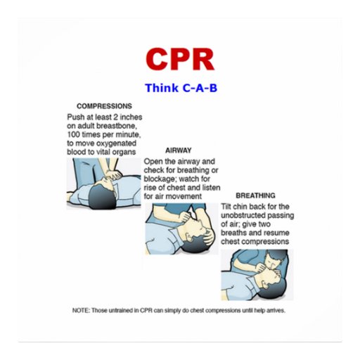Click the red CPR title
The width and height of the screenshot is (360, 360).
(180, 59)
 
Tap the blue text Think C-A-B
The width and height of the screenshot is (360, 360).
(180, 89)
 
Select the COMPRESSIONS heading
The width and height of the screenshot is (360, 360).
(103, 106)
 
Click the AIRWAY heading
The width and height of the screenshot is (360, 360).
(178, 150)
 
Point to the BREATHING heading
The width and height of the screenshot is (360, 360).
(255, 195)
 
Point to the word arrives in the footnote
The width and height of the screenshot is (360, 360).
(275, 310)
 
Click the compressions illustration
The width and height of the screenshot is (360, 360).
(103, 183)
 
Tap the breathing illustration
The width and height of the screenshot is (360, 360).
(257, 274)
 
